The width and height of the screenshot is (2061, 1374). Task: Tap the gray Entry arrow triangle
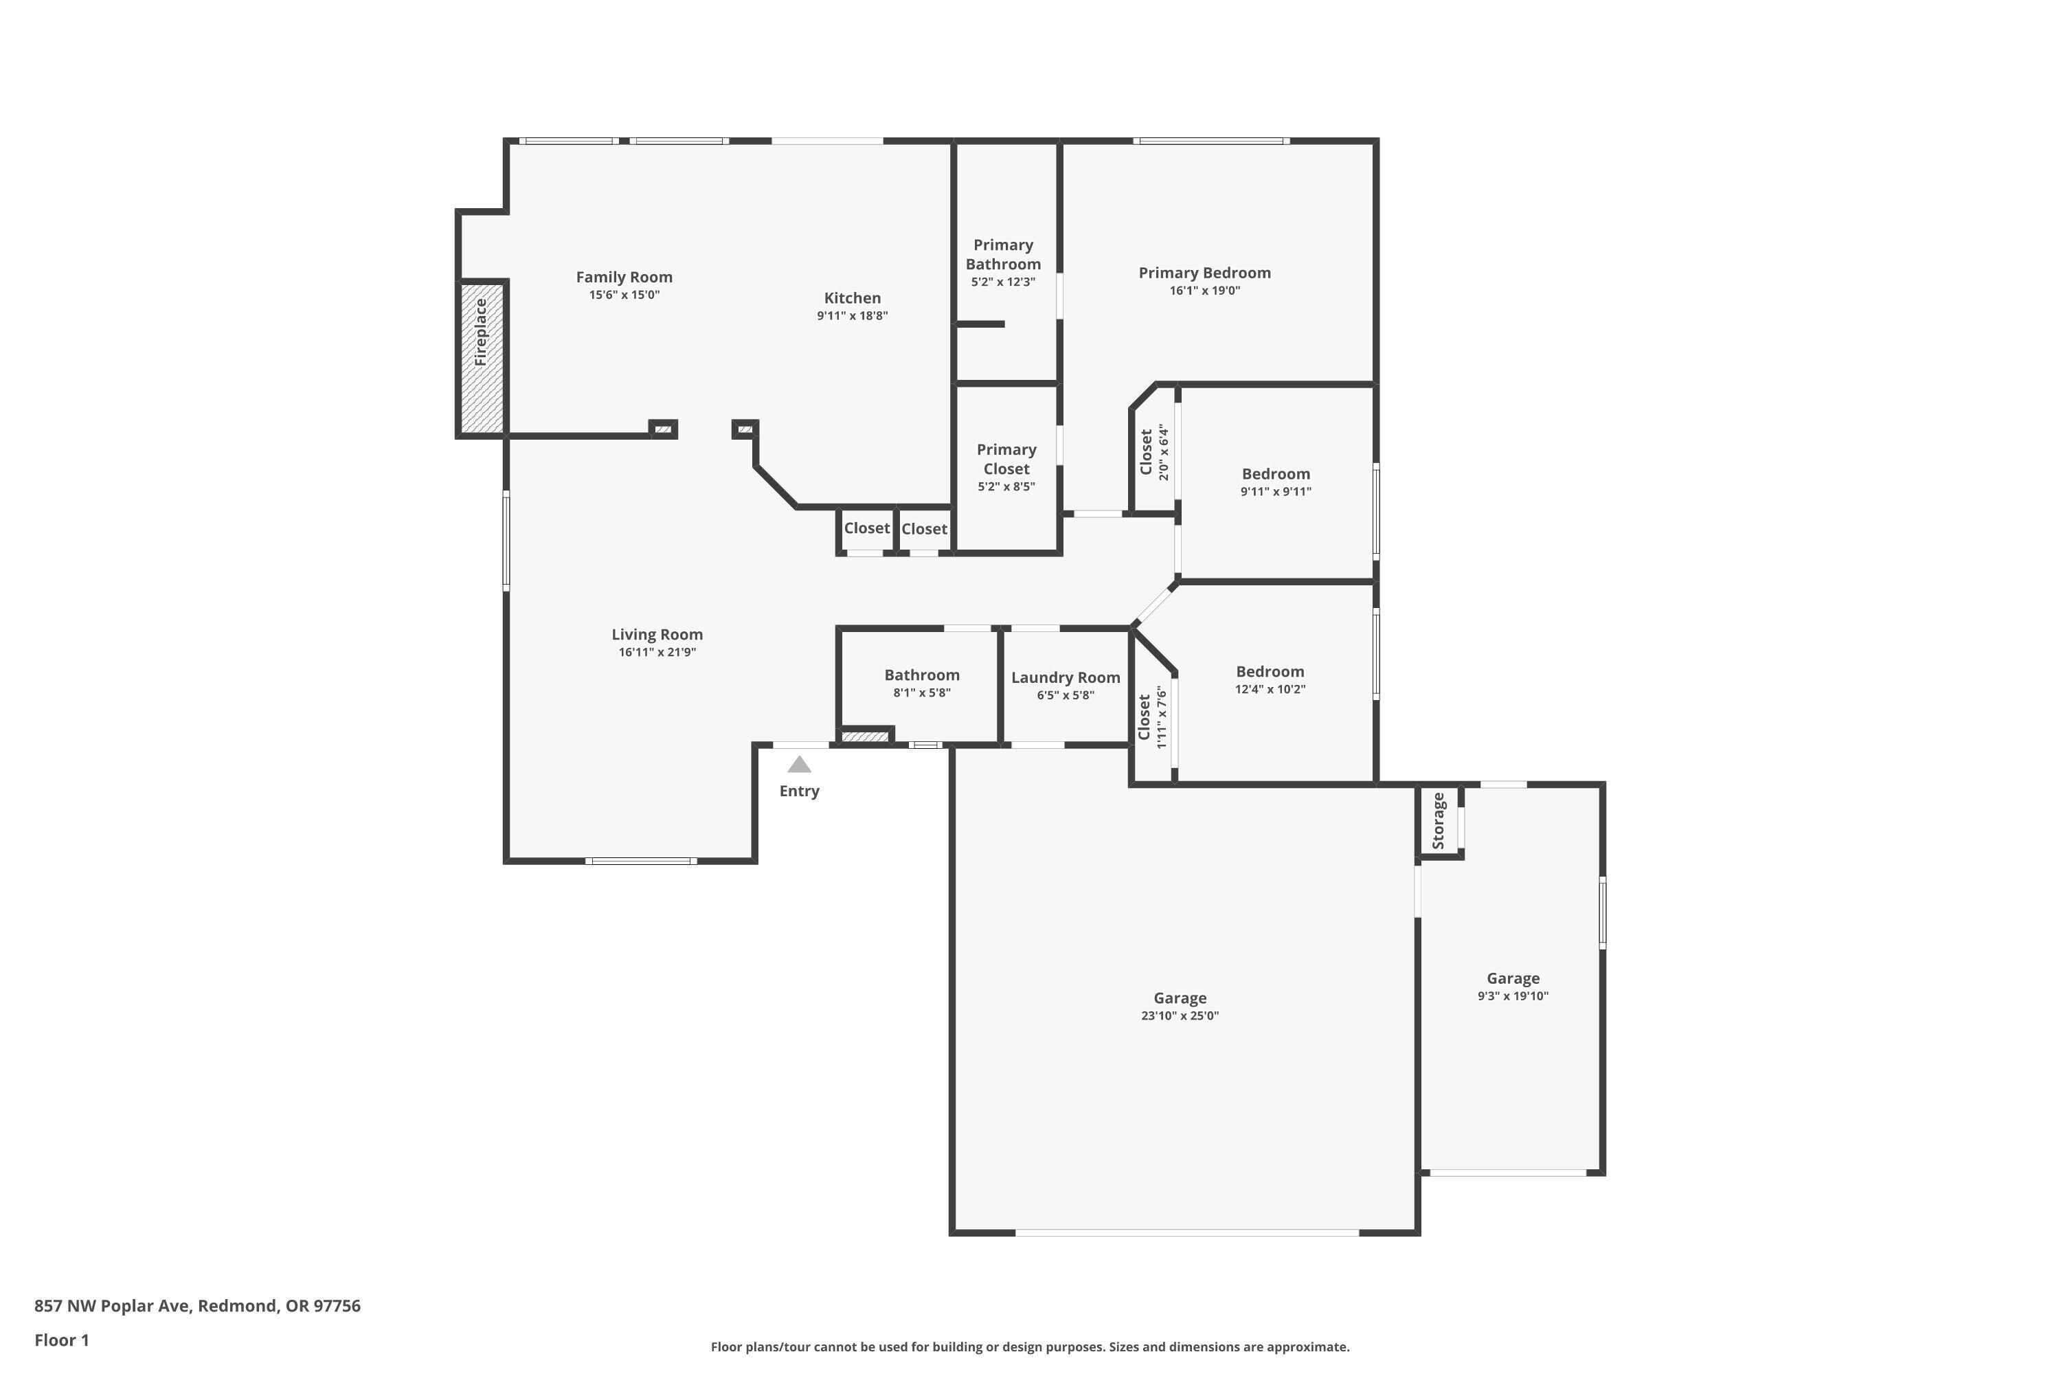click(799, 765)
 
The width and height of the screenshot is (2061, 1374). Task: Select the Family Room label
click(624, 277)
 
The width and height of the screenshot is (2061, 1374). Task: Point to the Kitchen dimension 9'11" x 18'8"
click(853, 315)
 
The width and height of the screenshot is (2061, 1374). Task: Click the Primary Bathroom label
click(1003, 254)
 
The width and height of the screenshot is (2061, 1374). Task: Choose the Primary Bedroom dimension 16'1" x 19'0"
click(1205, 291)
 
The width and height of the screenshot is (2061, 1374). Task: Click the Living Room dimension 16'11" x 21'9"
click(657, 652)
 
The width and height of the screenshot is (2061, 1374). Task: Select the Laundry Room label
click(1066, 677)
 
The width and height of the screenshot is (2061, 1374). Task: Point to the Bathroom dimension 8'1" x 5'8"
click(922, 692)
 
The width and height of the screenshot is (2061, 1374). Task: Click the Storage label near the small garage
click(1438, 821)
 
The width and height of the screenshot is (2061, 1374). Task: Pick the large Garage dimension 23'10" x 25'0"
click(1180, 1015)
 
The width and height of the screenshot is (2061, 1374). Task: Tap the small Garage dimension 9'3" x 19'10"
click(1513, 995)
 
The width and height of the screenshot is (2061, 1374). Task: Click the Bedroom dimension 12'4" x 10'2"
click(1270, 689)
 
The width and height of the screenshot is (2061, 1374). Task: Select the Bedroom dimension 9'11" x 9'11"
click(1276, 492)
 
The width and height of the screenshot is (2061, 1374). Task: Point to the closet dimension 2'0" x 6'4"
click(1164, 452)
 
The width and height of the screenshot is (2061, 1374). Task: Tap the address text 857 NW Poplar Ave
click(112, 1306)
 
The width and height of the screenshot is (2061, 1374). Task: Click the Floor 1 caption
click(61, 1340)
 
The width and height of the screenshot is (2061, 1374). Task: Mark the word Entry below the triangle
click(799, 791)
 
